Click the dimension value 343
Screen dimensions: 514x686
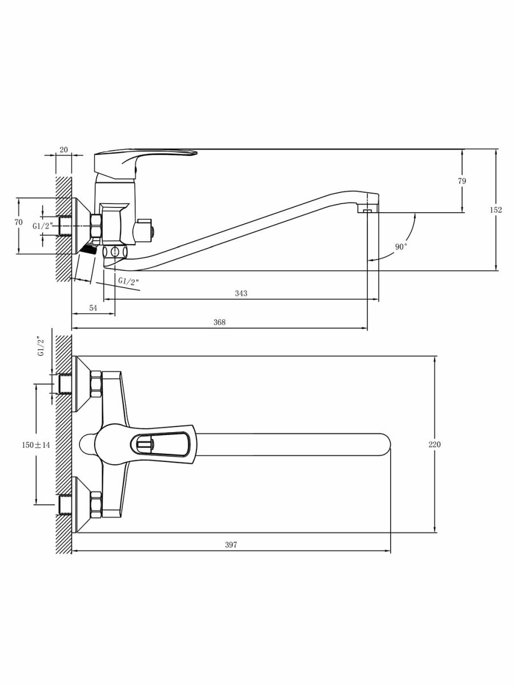[241, 293]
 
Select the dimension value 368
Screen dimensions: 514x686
[219, 322]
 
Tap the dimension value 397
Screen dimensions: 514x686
[231, 545]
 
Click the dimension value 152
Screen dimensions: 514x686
[496, 210]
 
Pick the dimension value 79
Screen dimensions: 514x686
[462, 181]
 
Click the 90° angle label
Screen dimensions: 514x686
[401, 246]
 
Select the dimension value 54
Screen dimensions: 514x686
[93, 308]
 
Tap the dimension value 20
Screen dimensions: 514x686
[63, 150]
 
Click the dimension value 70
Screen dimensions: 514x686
[18, 222]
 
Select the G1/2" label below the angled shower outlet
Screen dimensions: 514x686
[128, 281]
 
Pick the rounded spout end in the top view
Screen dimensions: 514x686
[383, 444]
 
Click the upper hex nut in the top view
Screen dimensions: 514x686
[96, 384]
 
